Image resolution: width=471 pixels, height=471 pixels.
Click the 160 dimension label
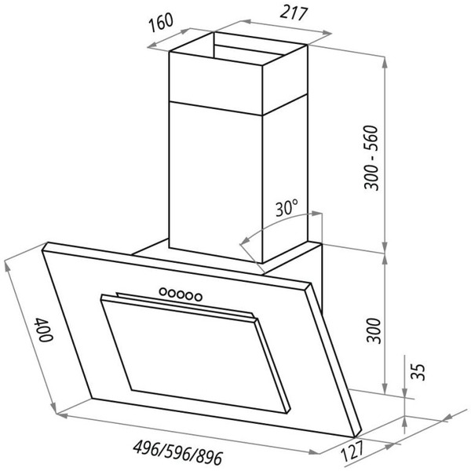pos(162,22)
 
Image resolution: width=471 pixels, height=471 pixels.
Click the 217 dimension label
pos(294,13)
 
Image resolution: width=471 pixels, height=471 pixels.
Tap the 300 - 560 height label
pos(371,159)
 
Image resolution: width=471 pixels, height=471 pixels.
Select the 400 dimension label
pos(44,330)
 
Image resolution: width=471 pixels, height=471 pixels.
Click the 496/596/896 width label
pos(178,452)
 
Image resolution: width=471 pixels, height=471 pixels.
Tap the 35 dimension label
pos(418,372)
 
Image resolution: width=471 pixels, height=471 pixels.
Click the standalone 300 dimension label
pos(374,330)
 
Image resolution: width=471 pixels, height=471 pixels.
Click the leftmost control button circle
pos(162,291)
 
